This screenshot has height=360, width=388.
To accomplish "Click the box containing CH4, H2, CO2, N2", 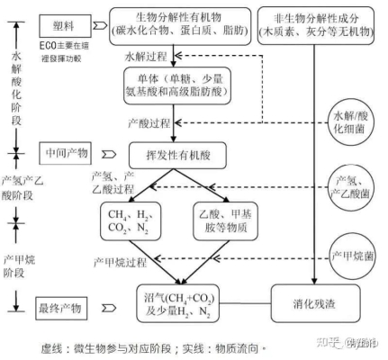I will [x=131, y=222].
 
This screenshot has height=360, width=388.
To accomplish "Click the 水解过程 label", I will [x=148, y=56].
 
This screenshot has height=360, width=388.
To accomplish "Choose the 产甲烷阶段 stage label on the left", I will [x=15, y=259].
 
